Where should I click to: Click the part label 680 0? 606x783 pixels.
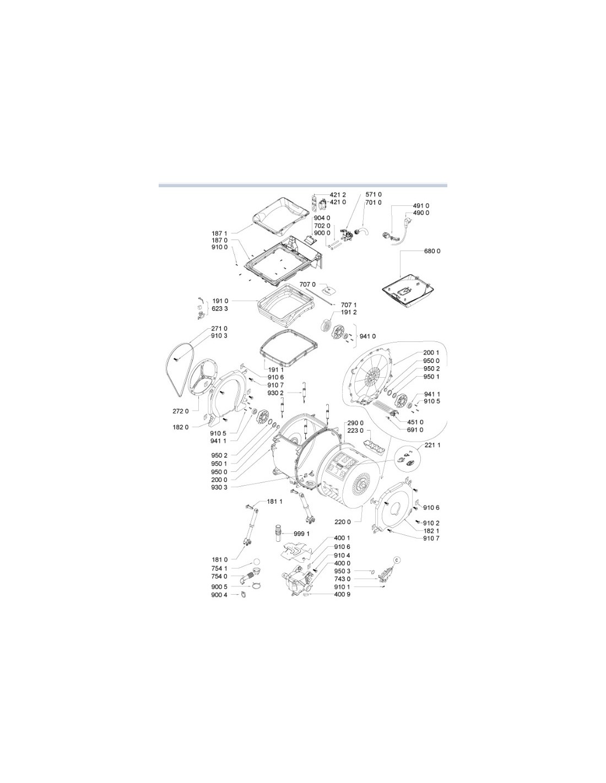pyautogui.click(x=432, y=251)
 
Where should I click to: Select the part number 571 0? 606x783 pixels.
pyautogui.click(x=374, y=194)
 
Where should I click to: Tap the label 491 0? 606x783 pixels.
pyautogui.click(x=421, y=206)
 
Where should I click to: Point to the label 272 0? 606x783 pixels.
pyautogui.click(x=180, y=411)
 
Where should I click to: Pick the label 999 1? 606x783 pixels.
pyautogui.click(x=301, y=534)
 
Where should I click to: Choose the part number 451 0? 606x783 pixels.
pyautogui.click(x=415, y=422)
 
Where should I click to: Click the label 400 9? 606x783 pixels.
pyautogui.click(x=342, y=594)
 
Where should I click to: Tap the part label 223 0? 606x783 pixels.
pyautogui.click(x=355, y=431)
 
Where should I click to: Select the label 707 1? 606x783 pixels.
pyautogui.click(x=349, y=305)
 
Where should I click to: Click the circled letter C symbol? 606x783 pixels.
pyautogui.click(x=397, y=559)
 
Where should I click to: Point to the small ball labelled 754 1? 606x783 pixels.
pyautogui.click(x=256, y=562)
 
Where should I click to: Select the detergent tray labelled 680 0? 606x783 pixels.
pyautogui.click(x=408, y=290)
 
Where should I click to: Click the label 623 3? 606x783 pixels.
pyautogui.click(x=220, y=309)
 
